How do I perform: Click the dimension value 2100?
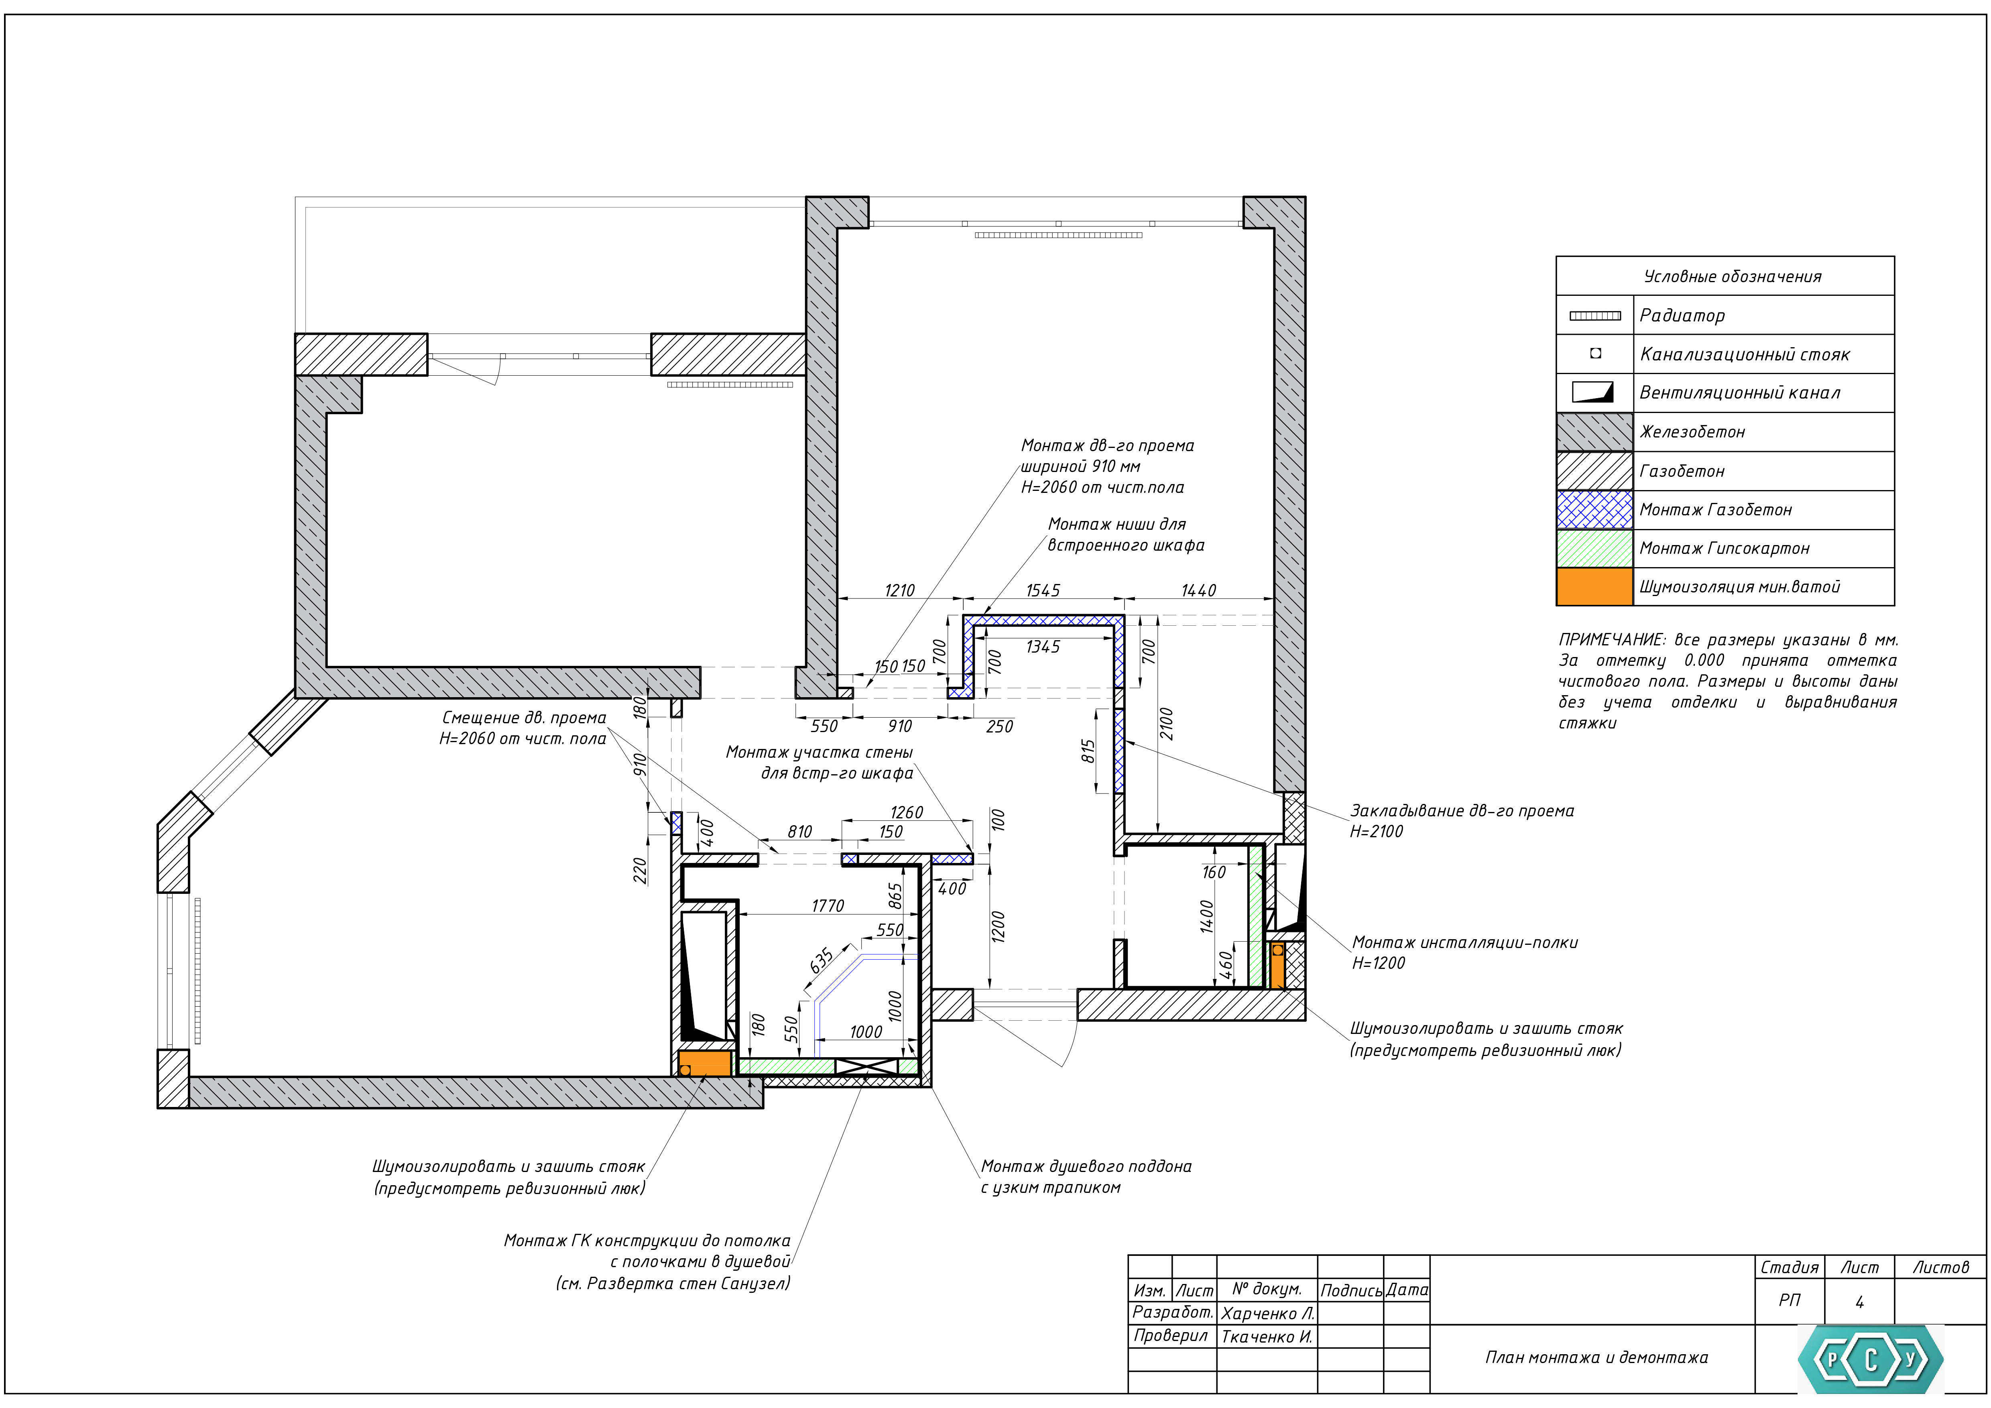coord(1166,724)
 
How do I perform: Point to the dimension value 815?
coord(1088,751)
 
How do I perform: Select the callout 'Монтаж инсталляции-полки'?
coord(1464,942)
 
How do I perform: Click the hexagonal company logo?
coord(1871,1359)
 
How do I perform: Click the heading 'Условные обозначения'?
coord(1733,277)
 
